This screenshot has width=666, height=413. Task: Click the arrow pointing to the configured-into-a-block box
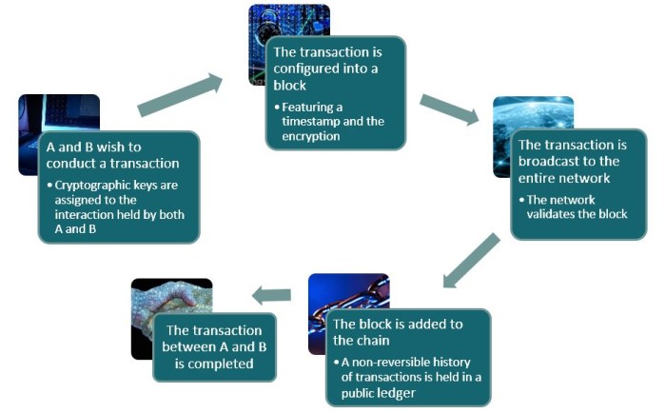click(180, 94)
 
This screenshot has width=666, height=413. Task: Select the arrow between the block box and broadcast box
click(449, 110)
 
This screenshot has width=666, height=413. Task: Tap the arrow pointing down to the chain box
click(471, 261)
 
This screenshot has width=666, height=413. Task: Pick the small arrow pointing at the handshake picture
click(271, 295)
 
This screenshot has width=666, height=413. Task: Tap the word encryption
click(311, 136)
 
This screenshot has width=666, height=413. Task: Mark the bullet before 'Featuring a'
click(277, 108)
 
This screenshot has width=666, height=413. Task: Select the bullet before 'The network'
click(521, 200)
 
